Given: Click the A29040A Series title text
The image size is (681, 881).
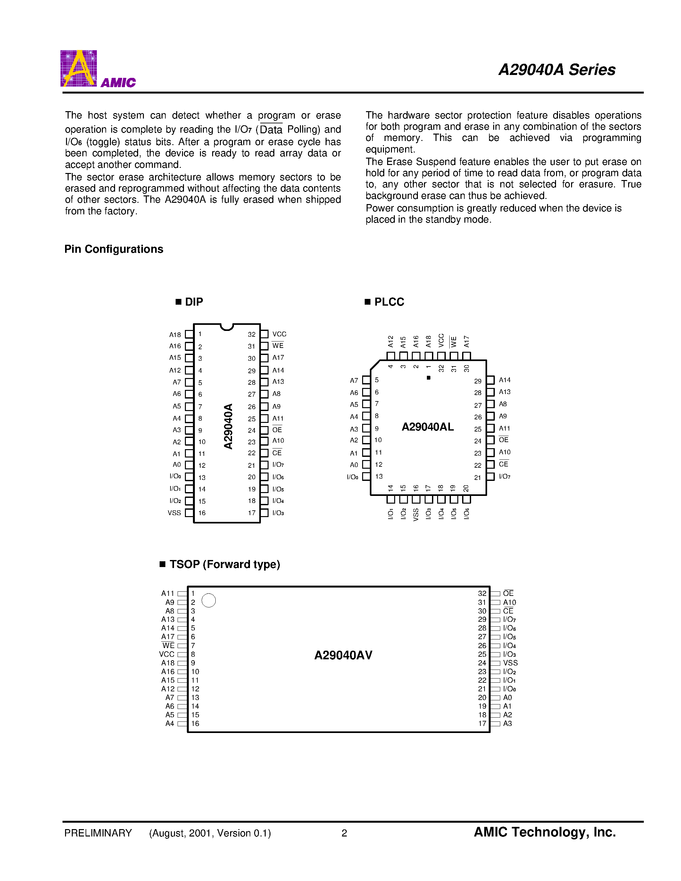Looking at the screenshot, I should (x=557, y=70).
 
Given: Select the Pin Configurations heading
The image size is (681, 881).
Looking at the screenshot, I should (x=114, y=249).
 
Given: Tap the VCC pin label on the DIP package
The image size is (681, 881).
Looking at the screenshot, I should (x=279, y=334).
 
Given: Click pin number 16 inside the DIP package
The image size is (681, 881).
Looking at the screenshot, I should (x=202, y=513).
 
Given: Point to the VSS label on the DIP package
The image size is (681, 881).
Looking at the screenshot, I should (x=174, y=513).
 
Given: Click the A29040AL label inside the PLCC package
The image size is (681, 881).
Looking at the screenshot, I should (x=428, y=427).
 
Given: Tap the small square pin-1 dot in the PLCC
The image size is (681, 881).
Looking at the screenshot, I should (x=428, y=378).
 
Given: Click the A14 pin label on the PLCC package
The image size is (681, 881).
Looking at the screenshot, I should (x=505, y=380).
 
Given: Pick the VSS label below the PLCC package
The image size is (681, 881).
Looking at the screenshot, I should (x=416, y=514).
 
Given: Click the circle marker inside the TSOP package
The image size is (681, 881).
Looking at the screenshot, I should (x=209, y=600).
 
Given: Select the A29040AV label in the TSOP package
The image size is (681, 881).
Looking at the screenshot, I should (x=343, y=655).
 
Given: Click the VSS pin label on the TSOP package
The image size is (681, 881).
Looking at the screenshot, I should (x=510, y=663).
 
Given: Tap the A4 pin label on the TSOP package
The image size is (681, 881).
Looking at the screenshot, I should (x=170, y=723).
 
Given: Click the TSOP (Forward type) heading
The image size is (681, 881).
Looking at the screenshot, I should (x=224, y=564).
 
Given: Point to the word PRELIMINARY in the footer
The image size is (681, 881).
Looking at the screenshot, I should (x=98, y=833).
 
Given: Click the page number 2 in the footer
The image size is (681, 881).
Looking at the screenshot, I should (x=344, y=833).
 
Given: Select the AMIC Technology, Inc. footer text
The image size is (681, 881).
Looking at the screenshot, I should (x=544, y=832).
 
